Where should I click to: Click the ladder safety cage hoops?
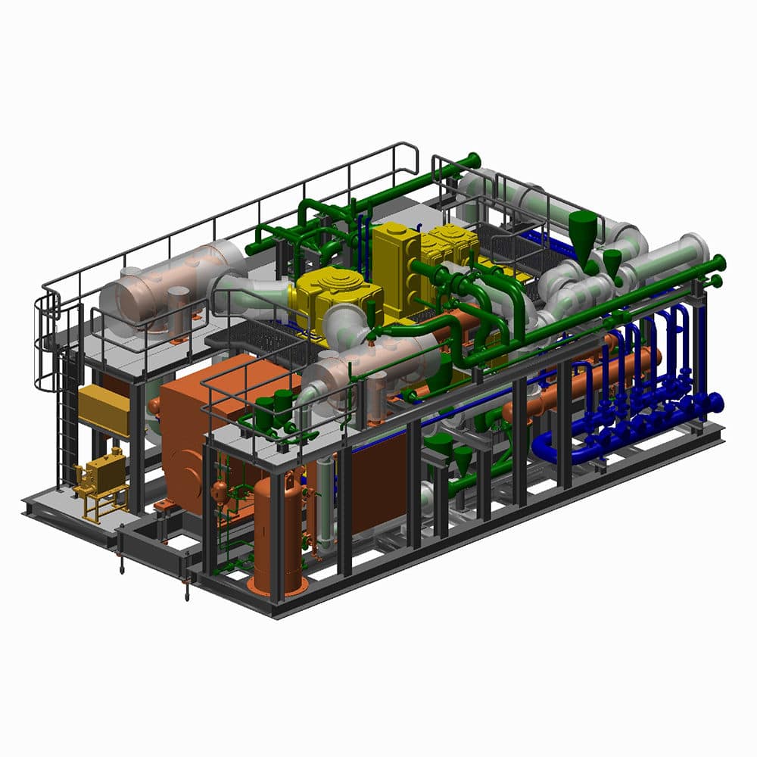(x=47, y=341)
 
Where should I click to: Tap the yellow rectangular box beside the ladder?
(x=104, y=409)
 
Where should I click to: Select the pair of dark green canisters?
(x=273, y=409)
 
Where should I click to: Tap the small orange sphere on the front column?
(x=220, y=492)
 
